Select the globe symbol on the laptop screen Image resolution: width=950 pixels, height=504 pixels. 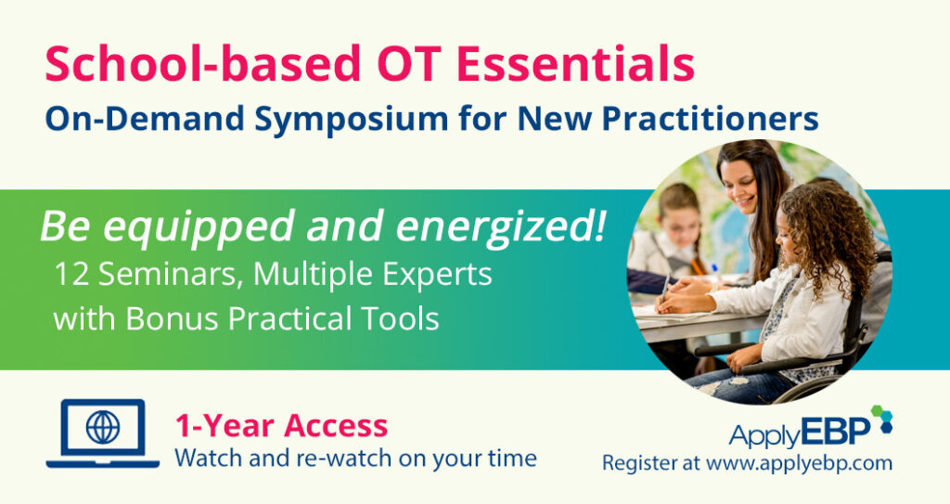click(x=102, y=427)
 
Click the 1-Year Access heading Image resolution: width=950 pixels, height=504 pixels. click(x=280, y=426)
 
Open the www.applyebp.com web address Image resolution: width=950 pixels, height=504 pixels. click(x=799, y=462)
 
